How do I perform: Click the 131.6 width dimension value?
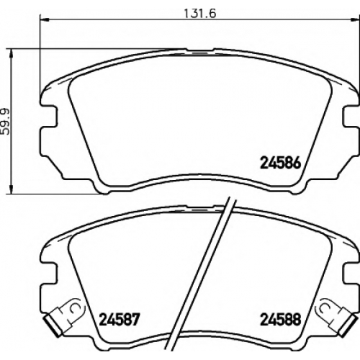tap(200, 14)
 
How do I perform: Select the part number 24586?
tap(280, 163)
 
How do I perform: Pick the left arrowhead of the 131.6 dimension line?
tap(44, 19)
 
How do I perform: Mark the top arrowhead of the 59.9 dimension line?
tap(11, 54)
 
